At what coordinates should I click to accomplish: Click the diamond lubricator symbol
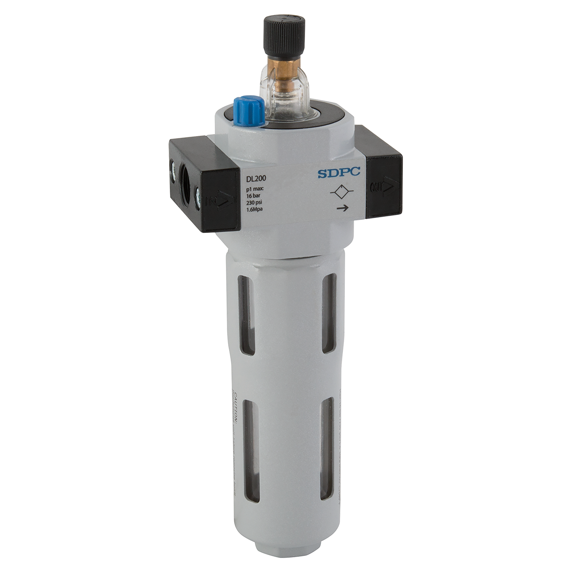(x=341, y=193)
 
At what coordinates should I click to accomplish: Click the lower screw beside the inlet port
(x=198, y=197)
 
